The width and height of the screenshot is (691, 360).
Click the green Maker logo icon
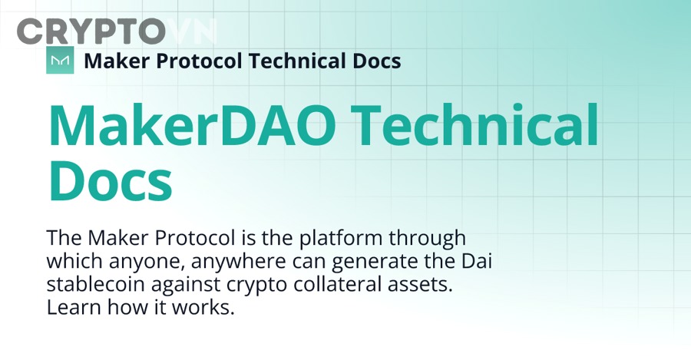pyautogui.click(x=60, y=60)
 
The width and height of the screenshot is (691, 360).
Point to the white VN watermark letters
pyautogui.click(x=192, y=31)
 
